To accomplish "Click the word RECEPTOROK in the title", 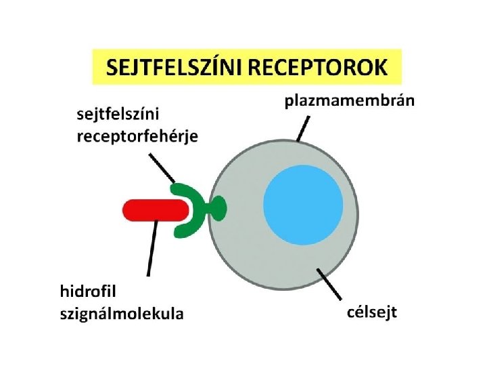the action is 321,68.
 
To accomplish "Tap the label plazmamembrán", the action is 349,102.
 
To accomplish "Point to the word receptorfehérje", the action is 138,136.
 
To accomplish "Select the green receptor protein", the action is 196,210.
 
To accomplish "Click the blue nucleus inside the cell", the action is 302,205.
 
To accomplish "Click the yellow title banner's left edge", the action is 95,66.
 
